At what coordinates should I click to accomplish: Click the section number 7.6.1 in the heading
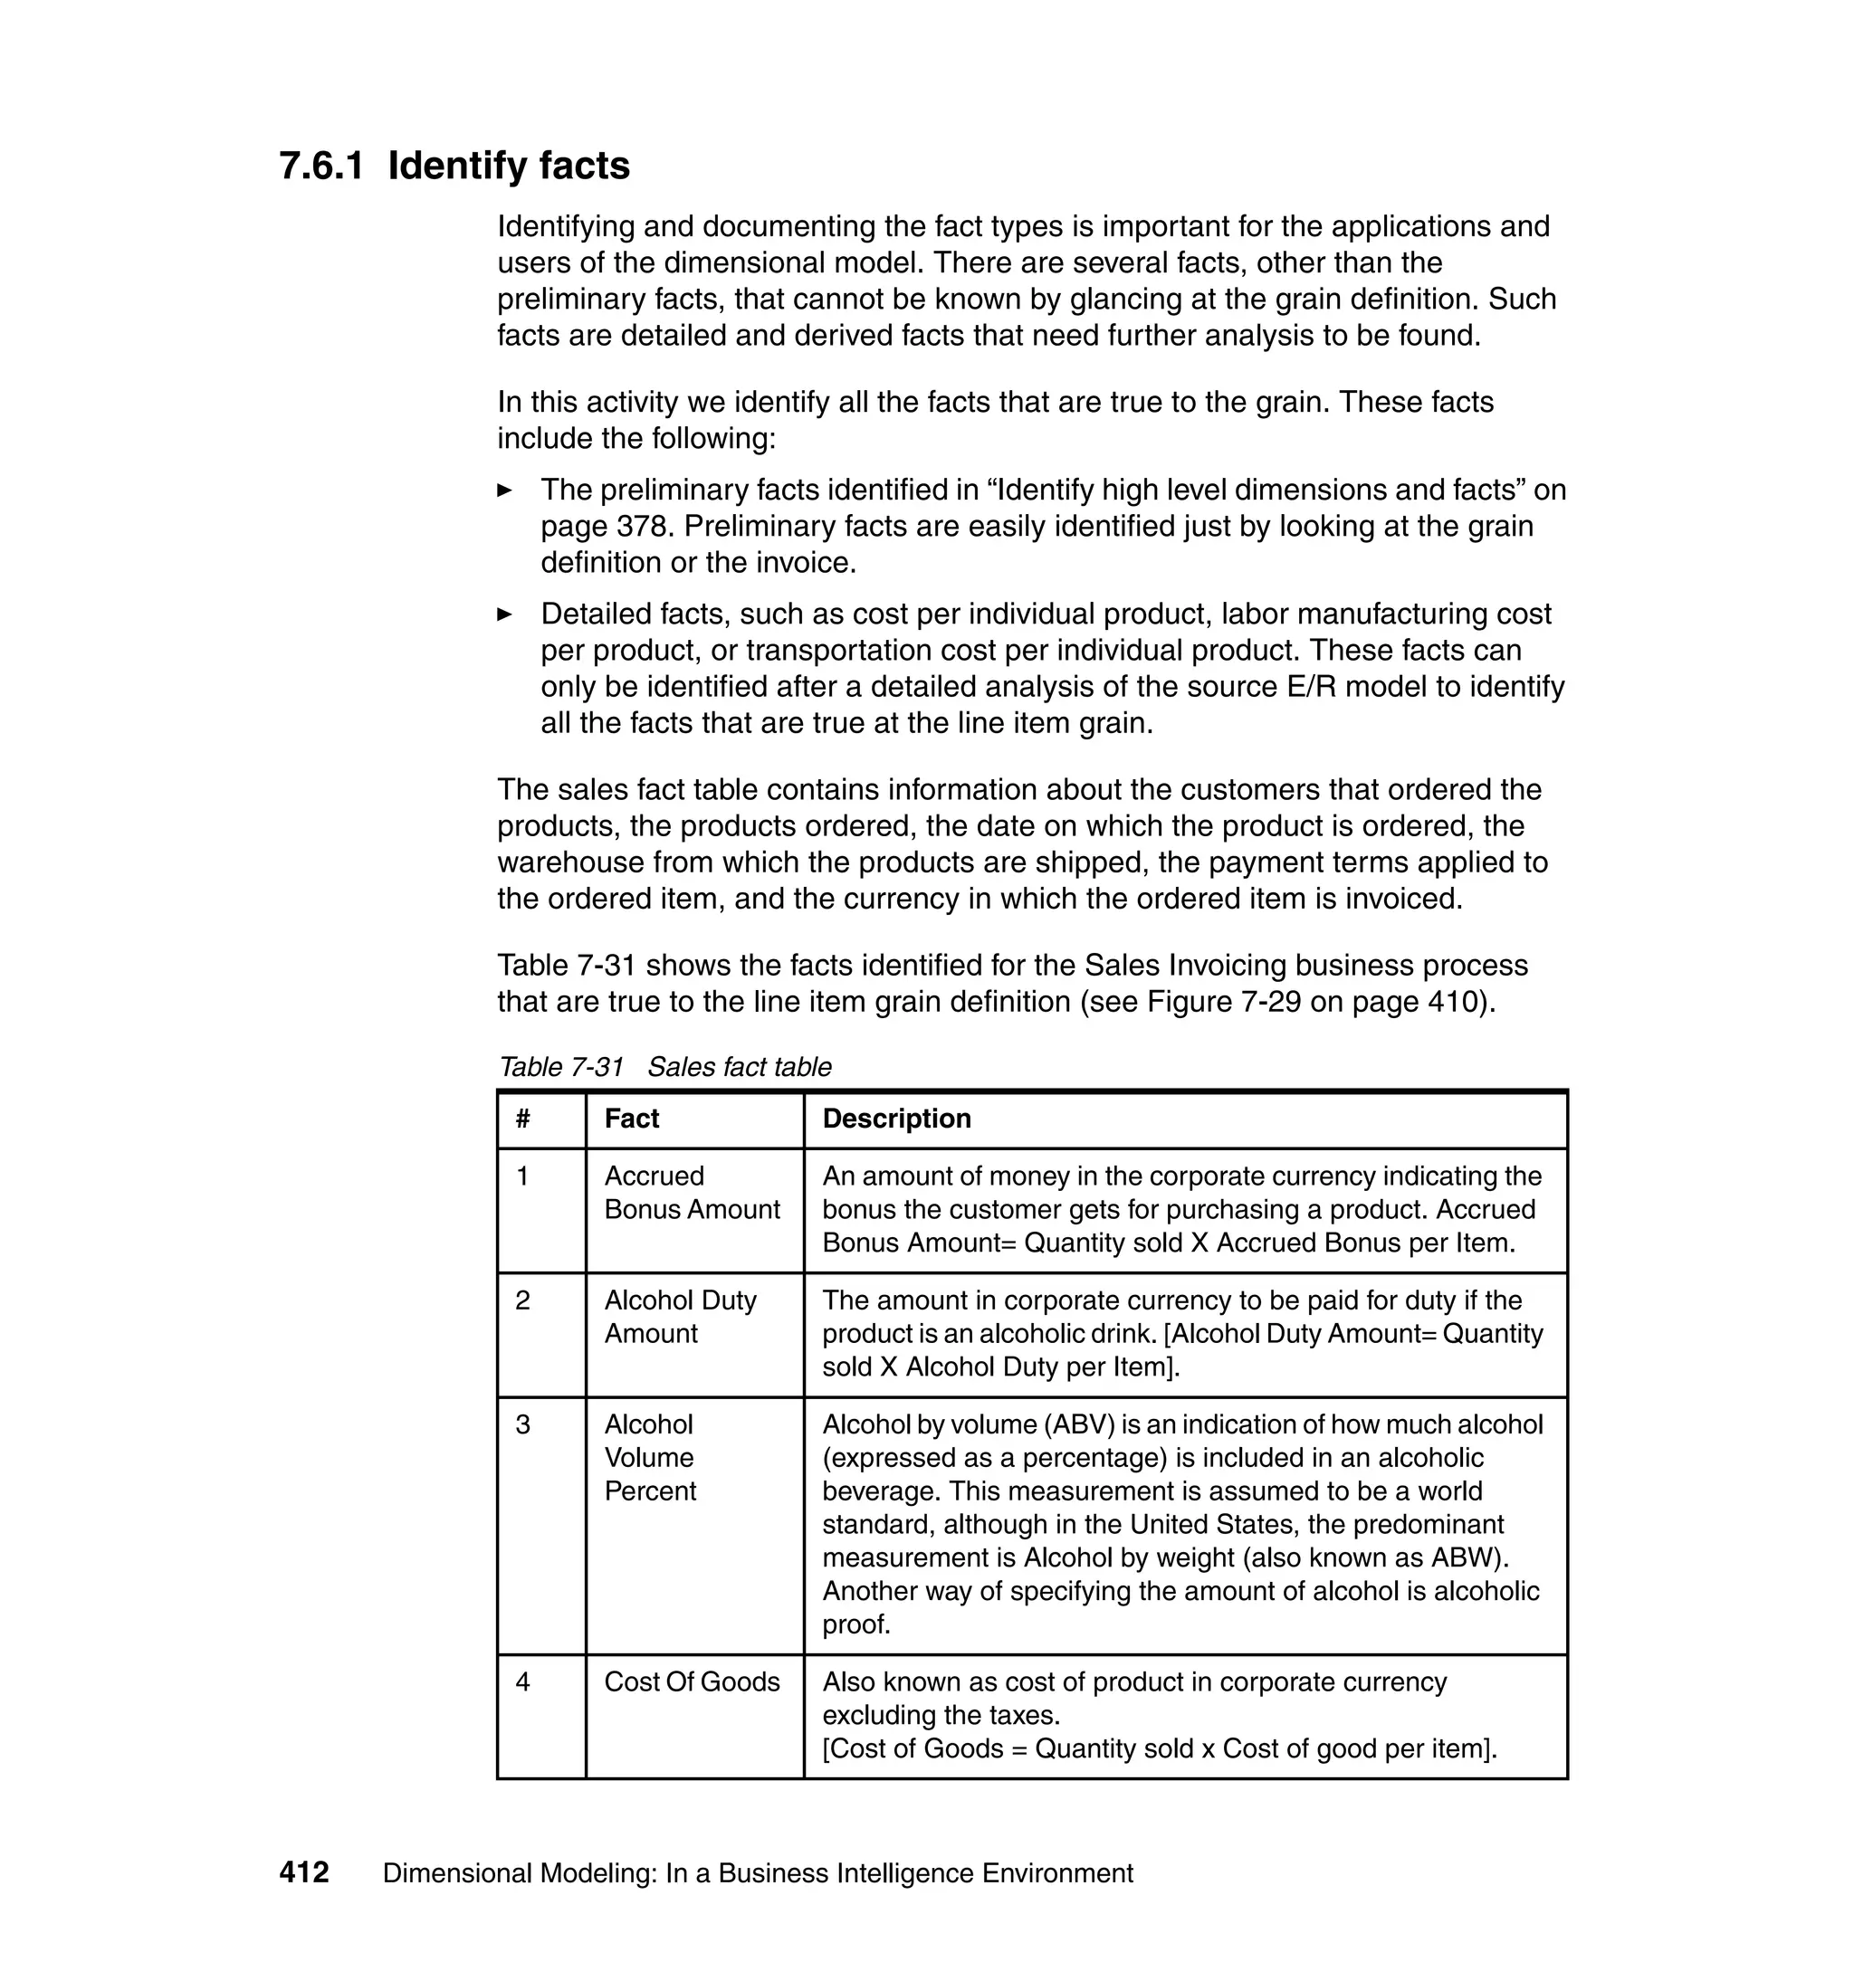click(321, 166)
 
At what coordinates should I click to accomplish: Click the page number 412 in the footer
click(303, 1872)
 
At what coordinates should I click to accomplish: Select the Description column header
click(896, 1119)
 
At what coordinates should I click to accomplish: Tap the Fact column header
click(632, 1119)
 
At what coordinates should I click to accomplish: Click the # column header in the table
click(523, 1119)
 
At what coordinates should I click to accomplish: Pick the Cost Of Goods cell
click(692, 1681)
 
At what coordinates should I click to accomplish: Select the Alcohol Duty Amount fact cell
click(680, 1317)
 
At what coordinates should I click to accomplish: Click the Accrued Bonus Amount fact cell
click(692, 1193)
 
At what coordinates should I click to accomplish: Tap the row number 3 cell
click(523, 1424)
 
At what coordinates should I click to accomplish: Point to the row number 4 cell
click(523, 1681)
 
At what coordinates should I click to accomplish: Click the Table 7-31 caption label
click(561, 1067)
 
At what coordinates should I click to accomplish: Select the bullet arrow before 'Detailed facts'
click(504, 614)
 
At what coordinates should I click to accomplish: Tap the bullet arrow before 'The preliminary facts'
click(504, 490)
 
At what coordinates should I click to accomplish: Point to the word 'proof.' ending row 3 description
click(856, 1624)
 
